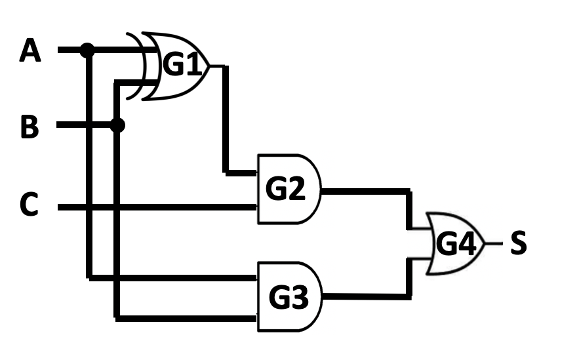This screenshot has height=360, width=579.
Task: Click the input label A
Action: pos(30,50)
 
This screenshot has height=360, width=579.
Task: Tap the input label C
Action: pos(30,207)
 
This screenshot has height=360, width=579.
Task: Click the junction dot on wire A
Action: pos(87,49)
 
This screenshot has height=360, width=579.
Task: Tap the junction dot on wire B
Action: pos(117,125)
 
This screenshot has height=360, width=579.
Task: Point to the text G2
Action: pos(285,190)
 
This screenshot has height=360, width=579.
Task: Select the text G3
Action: pos(288,298)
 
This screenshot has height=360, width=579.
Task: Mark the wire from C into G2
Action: pos(157,208)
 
